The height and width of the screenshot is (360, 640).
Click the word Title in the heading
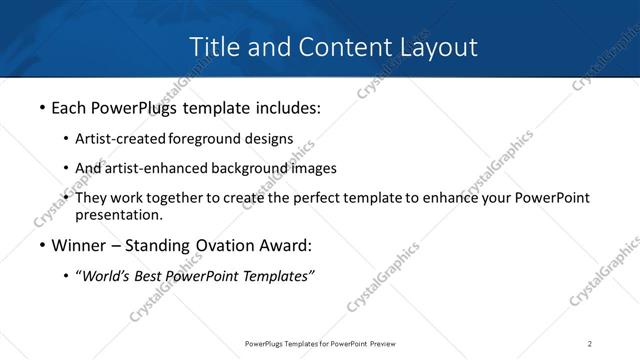[x=213, y=47]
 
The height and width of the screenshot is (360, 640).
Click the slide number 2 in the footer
[x=590, y=344]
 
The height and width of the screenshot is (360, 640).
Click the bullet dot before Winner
[x=41, y=246]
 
